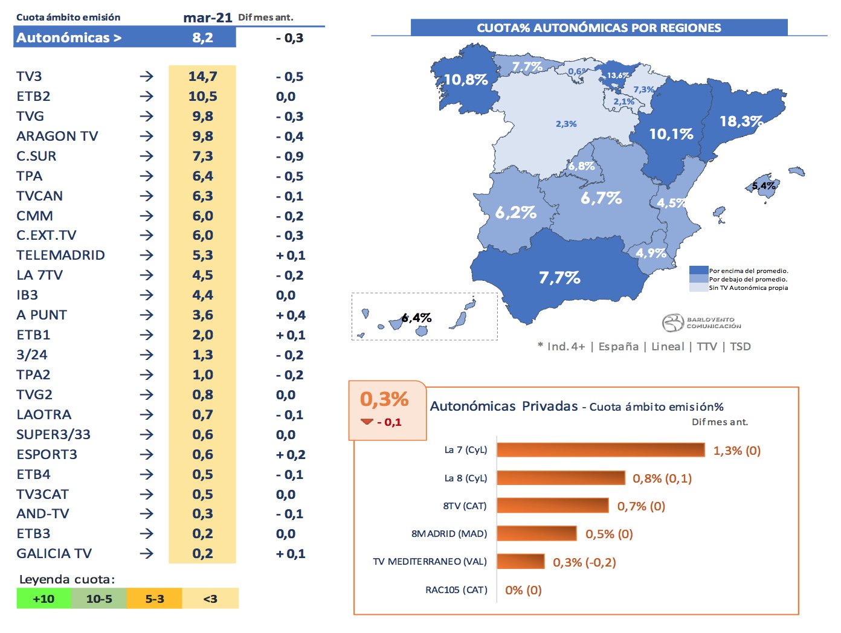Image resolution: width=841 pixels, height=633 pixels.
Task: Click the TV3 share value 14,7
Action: (202, 77)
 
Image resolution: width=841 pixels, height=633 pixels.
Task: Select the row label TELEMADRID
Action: (60, 255)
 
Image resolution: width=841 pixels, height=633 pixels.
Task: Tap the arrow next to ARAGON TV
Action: (146, 137)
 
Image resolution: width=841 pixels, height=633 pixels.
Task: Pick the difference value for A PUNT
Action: (291, 315)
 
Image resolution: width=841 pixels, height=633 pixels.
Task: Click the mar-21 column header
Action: (207, 18)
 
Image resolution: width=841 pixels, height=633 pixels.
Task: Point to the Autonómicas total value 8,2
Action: (202, 37)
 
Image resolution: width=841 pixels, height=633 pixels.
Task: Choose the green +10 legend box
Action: (43, 599)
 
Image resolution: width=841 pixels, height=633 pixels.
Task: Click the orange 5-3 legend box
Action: (154, 599)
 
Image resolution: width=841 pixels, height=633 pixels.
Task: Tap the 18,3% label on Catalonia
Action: (741, 121)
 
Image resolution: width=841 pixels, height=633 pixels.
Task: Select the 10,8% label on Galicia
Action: (465, 80)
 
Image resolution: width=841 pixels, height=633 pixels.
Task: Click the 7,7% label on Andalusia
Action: (559, 278)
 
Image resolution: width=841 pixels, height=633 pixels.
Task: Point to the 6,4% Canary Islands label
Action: (416, 318)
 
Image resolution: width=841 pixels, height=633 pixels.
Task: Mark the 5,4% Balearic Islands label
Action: (764, 186)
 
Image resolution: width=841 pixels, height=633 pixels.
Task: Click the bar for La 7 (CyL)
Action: (601, 450)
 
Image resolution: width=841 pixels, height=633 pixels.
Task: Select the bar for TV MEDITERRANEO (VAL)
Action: (521, 562)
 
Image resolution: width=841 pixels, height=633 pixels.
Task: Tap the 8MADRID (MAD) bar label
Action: (449, 534)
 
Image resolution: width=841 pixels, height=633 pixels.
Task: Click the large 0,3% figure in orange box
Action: (384, 399)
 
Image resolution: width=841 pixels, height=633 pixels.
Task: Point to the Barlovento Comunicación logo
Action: (701, 323)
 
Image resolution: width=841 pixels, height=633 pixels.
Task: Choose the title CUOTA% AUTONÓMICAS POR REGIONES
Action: (599, 28)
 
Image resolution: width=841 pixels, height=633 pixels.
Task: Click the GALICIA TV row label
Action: (54, 554)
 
